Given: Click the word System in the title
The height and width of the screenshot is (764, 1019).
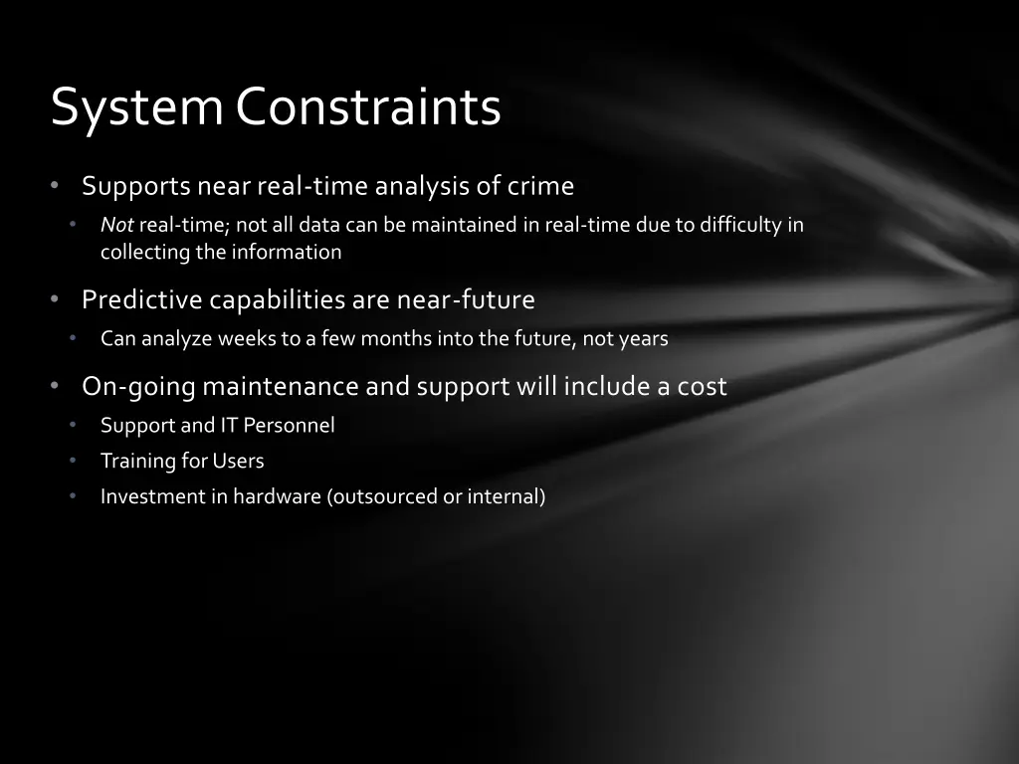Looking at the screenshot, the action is coord(136,107).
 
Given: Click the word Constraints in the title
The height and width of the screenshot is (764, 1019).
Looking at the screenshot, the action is coord(368,105).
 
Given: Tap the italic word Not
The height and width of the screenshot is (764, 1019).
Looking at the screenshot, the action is coord(117,225).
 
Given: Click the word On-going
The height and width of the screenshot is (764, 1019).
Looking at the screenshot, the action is coord(138,387).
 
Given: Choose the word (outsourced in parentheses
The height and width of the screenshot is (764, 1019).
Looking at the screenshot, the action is coord(381,496).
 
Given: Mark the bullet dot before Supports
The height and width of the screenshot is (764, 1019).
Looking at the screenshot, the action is coord(55,186).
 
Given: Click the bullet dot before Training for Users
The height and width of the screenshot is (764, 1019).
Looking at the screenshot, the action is coord(73,461).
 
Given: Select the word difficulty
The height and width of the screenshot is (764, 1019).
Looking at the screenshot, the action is coord(740,226).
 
